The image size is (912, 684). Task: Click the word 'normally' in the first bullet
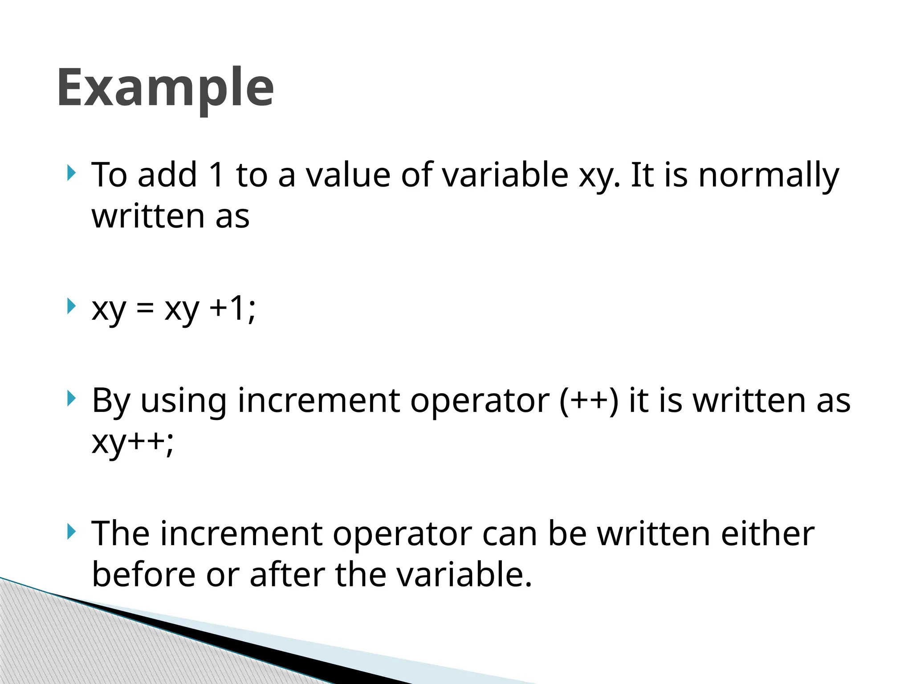tap(769, 175)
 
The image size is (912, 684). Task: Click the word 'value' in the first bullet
tap(348, 175)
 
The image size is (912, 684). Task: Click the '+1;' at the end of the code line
tap(232, 308)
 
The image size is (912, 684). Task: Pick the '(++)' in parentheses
tap(589, 400)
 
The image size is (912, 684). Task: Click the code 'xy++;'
tap(132, 442)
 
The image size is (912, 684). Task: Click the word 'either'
tap(768, 533)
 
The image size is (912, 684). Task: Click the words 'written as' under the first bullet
tap(170, 216)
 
